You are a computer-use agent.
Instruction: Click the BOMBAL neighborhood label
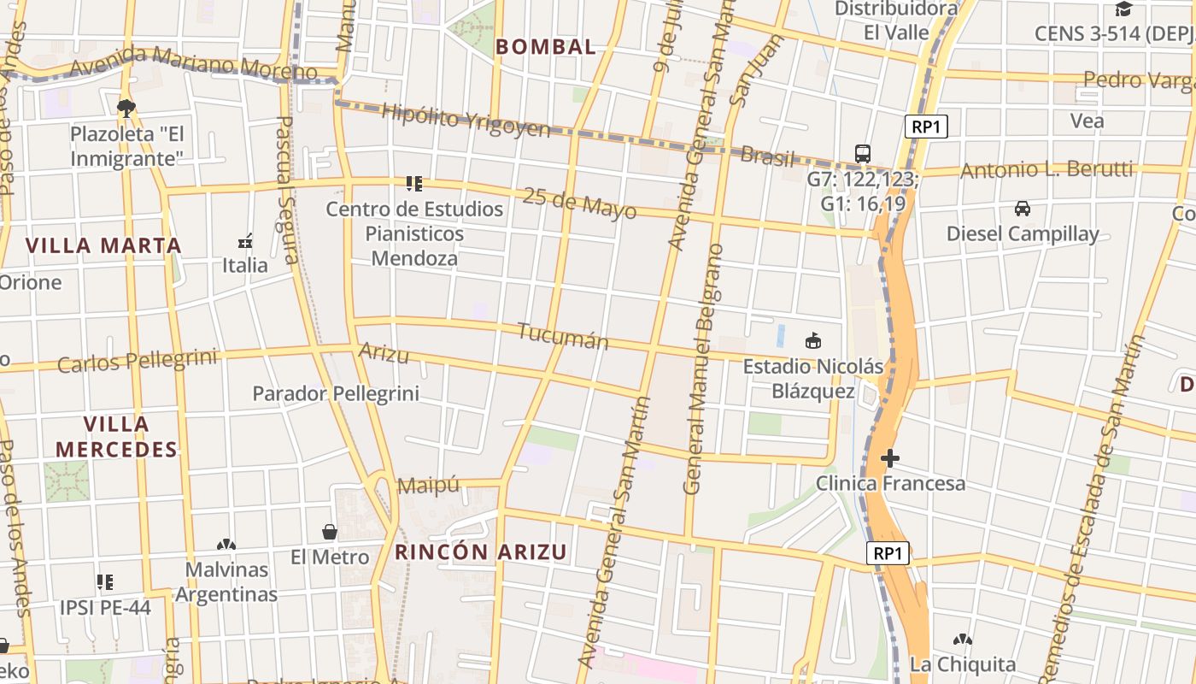546,47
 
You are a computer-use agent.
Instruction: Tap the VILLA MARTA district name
103,245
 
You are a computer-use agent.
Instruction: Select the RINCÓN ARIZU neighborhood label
481,552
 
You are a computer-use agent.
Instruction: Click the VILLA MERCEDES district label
116,436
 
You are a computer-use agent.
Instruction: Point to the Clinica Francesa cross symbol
890,458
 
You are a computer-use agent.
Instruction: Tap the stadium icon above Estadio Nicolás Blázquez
812,341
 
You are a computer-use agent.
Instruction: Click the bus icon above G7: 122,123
863,154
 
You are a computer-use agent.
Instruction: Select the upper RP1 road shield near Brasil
926,127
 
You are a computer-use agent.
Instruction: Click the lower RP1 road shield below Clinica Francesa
888,553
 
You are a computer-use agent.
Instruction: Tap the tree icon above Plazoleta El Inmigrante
126,109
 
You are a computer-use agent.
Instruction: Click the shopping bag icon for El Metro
330,532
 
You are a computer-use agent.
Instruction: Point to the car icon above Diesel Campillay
1022,208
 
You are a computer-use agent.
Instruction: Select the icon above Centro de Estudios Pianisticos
414,183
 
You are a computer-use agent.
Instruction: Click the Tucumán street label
563,336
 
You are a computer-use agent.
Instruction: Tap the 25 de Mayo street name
580,203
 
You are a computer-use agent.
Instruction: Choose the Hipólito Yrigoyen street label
466,121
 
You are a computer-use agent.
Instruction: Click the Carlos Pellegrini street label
137,361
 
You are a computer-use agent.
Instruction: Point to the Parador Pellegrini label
336,393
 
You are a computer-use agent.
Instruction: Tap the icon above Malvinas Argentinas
226,545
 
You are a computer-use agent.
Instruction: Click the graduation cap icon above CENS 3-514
1123,9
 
